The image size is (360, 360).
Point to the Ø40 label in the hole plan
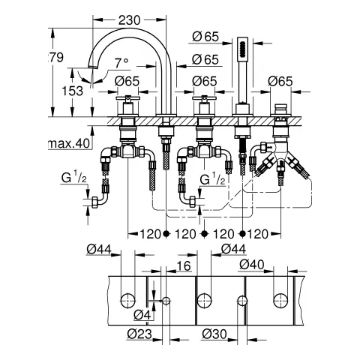(x=250, y=265)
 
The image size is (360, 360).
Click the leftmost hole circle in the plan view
(x=128, y=301)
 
